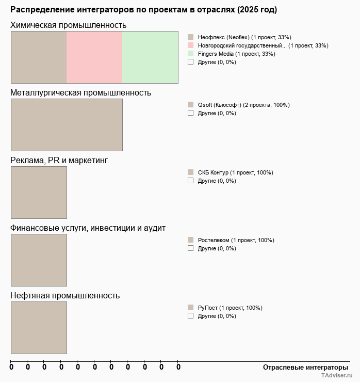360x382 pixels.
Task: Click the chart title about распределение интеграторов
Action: (x=143, y=10)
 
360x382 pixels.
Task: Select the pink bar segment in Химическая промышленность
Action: (x=94, y=57)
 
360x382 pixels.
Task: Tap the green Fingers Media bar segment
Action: (x=150, y=57)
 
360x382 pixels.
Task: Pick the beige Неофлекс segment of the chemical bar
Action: (x=39, y=57)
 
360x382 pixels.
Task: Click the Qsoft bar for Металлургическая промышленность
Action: (x=67, y=125)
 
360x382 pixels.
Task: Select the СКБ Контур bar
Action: (x=39, y=193)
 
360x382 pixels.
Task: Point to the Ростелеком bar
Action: (x=39, y=260)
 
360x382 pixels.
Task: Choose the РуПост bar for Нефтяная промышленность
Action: (x=39, y=328)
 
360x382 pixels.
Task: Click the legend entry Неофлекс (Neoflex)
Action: (x=244, y=37)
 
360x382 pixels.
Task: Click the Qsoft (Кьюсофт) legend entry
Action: (x=243, y=105)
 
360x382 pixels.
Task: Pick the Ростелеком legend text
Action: (x=236, y=240)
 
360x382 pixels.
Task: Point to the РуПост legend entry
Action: (x=230, y=308)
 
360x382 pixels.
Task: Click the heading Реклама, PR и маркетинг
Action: (x=59, y=161)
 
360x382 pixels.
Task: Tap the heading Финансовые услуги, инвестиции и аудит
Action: (x=88, y=228)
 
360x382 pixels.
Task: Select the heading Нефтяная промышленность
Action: (x=65, y=296)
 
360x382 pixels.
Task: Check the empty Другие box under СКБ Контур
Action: (x=190, y=181)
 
